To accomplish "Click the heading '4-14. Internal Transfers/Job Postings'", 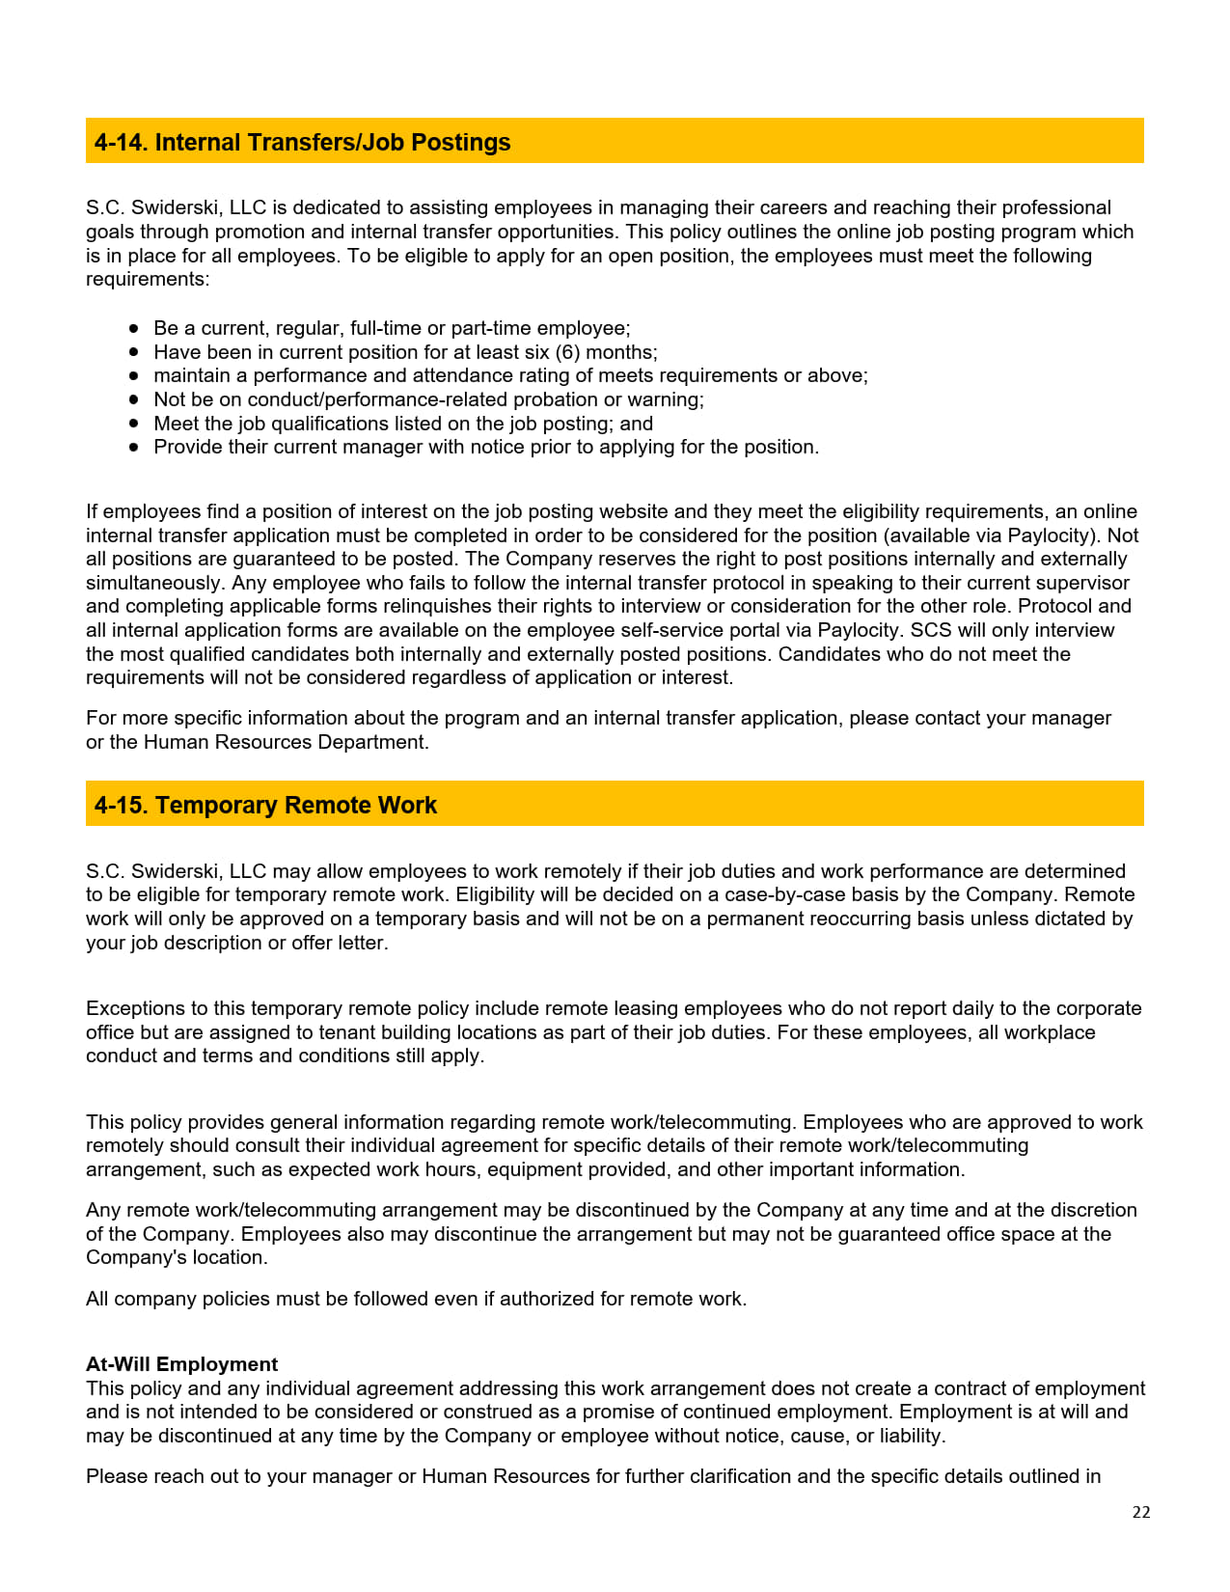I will [x=302, y=143].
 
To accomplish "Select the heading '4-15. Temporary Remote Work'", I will [x=265, y=806].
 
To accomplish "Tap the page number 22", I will [x=1141, y=1513].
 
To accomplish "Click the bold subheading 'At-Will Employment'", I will [x=181, y=1364].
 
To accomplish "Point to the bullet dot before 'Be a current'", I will [x=134, y=328].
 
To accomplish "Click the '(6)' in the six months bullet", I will [x=567, y=352].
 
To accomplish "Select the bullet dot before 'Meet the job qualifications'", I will [x=134, y=424].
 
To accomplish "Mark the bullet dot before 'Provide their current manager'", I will [x=134, y=448].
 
